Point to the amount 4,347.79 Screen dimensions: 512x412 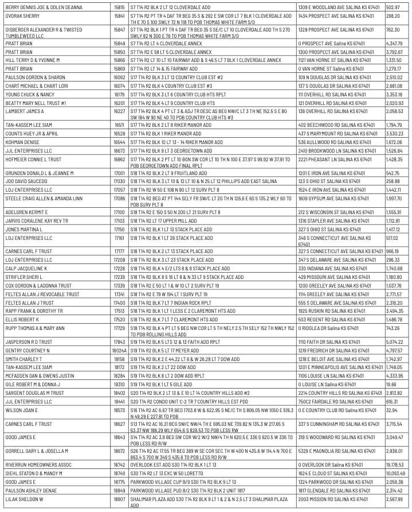click(395, 43)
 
